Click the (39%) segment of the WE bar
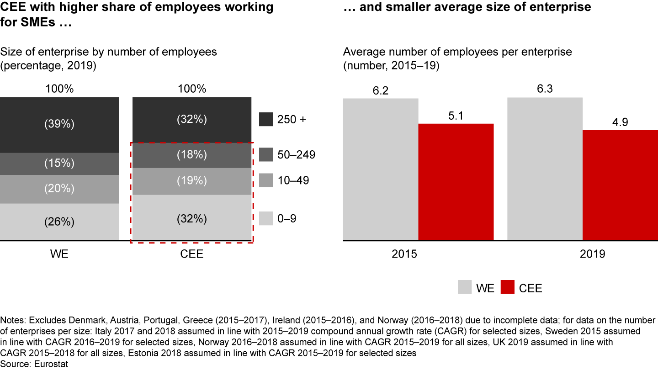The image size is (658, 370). pyautogui.click(x=59, y=125)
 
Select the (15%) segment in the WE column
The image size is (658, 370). pyautogui.click(x=59, y=164)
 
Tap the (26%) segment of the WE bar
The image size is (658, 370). pyautogui.click(x=59, y=222)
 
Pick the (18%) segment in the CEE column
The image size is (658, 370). pyautogui.click(x=192, y=155)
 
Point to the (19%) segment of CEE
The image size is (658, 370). pyautogui.click(x=192, y=181)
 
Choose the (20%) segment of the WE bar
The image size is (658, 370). pyautogui.click(x=59, y=189)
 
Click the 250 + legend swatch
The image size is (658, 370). pyautogui.click(x=266, y=119)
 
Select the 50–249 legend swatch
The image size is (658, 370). pyautogui.click(x=266, y=155)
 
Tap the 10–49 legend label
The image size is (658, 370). pyautogui.click(x=293, y=181)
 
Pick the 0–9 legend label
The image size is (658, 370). pyautogui.click(x=287, y=219)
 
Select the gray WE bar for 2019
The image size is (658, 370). pyautogui.click(x=545, y=169)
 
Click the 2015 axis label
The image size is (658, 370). pyautogui.click(x=404, y=254)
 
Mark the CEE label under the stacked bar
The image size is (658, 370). pyautogui.click(x=192, y=254)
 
